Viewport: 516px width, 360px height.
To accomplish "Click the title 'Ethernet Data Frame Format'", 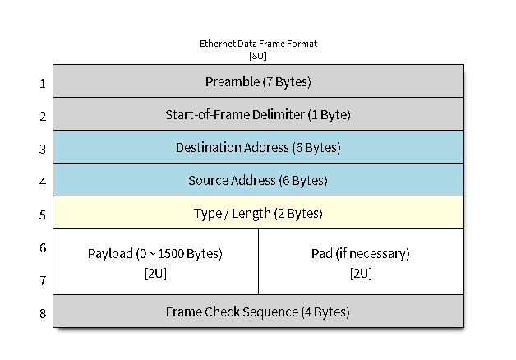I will click(257, 44).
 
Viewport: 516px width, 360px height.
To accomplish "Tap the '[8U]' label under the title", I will click(257, 56).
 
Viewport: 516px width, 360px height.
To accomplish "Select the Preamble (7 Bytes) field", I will click(258, 81).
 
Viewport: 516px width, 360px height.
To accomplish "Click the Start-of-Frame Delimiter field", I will click(258, 114).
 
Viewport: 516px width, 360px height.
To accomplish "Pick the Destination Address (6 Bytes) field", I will click(258, 147).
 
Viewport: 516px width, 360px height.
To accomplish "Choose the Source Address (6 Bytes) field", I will click(258, 180).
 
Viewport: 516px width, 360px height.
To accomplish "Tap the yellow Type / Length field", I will click(258, 213).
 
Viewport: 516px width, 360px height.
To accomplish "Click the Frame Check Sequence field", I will click(258, 312).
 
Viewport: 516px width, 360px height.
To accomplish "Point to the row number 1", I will click(43, 83).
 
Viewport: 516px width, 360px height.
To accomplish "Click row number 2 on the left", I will click(43, 116).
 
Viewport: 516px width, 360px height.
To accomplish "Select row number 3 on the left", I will click(43, 149).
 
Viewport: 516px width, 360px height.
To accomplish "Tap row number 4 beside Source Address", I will click(43, 182).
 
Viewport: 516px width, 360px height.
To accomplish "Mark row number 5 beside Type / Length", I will click(43, 215).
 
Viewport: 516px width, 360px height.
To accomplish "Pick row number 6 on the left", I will click(43, 247).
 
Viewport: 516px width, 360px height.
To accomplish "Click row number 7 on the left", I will click(43, 280).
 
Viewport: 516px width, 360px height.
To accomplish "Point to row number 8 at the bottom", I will click(43, 313).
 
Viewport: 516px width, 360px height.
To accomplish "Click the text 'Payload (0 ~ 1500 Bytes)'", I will click(155, 252).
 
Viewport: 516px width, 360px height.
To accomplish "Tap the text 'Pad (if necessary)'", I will click(361, 252).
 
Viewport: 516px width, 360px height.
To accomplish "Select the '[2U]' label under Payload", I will click(155, 273).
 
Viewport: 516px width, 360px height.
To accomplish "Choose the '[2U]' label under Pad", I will click(361, 273).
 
